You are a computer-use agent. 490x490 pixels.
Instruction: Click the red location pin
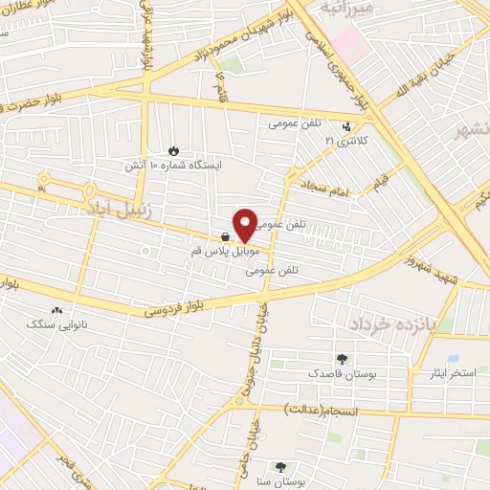tap(245, 224)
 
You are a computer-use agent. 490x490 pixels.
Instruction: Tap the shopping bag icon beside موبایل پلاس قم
tap(225, 236)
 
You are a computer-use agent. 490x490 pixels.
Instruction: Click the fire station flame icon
tap(172, 150)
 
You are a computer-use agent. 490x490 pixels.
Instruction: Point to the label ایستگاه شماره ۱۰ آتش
tap(173, 166)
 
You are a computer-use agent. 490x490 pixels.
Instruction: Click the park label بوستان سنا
tap(281, 483)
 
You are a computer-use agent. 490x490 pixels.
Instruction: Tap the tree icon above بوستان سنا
tap(280, 468)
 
